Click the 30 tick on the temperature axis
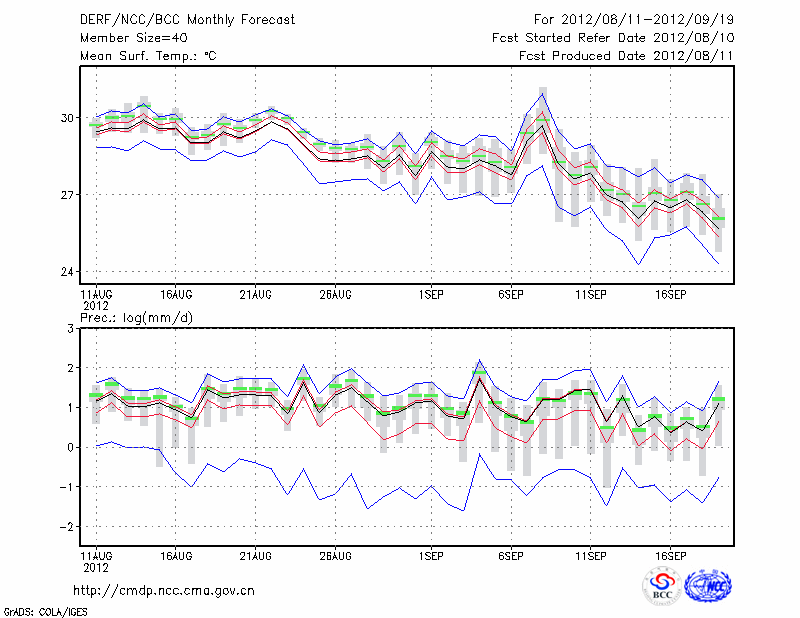coord(68,118)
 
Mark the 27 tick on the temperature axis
coord(68,195)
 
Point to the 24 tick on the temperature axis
coord(68,272)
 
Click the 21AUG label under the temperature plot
coord(256,295)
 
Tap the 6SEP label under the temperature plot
coord(511,295)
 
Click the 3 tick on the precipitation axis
coord(72,329)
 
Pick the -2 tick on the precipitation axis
coord(68,527)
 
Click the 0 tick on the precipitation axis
coord(72,448)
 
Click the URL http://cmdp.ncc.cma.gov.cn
coord(165,590)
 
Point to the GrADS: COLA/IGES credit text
coord(44,610)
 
